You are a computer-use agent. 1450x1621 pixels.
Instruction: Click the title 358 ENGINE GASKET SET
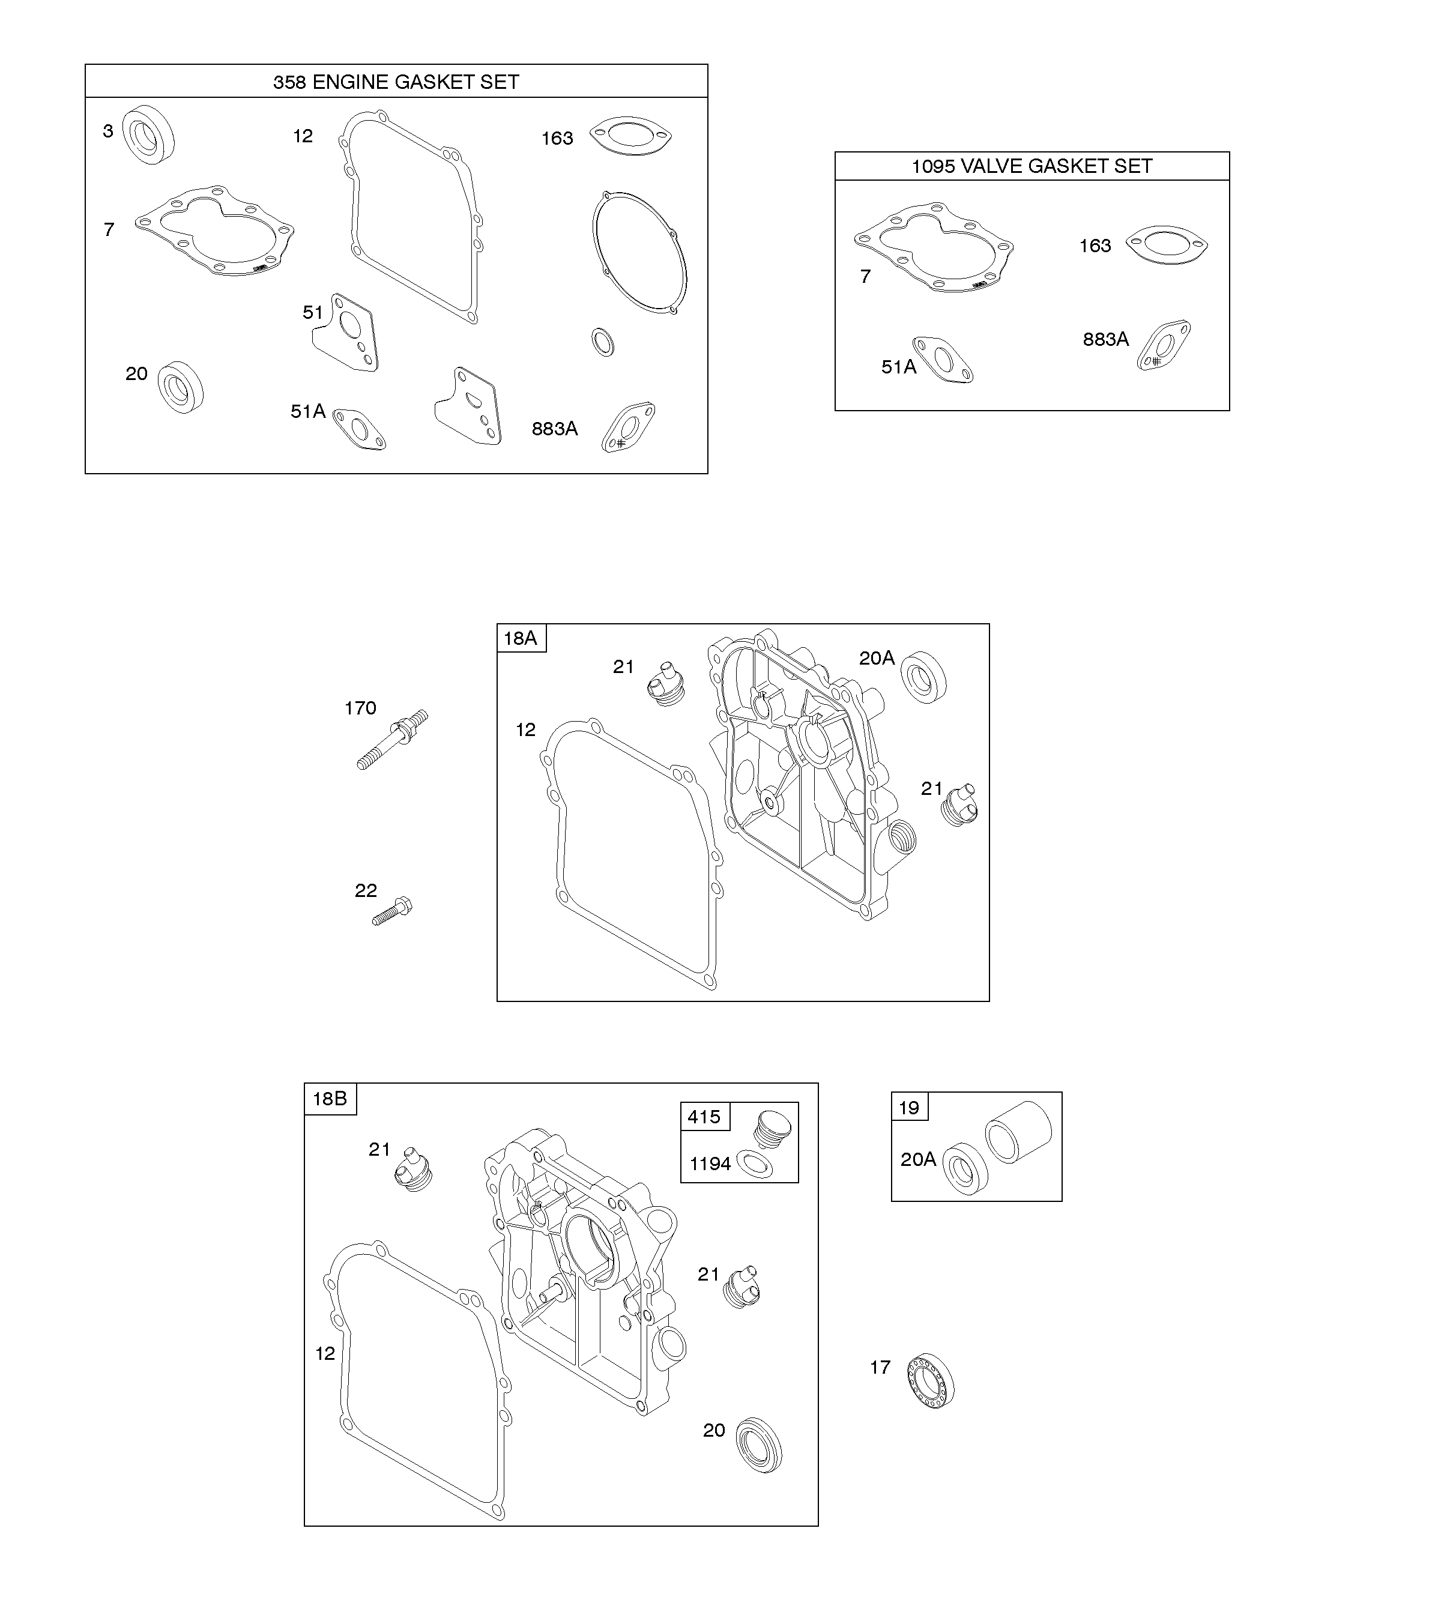[x=396, y=82]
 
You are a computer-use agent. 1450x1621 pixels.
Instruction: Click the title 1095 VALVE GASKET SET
[x=1032, y=166]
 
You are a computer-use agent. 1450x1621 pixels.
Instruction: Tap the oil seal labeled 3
[x=149, y=134]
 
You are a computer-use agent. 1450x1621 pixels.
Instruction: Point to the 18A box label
[x=521, y=638]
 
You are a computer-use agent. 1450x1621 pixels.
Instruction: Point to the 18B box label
[x=330, y=1099]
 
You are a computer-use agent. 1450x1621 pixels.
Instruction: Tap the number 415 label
[x=704, y=1117]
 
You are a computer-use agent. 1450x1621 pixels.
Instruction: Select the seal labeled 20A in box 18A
[x=923, y=677]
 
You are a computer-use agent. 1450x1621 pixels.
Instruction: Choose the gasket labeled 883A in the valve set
[x=1164, y=346]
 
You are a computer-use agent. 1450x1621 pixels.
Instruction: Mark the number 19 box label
[x=909, y=1107]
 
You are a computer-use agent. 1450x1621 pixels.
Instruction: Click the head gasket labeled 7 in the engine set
[x=214, y=232]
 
